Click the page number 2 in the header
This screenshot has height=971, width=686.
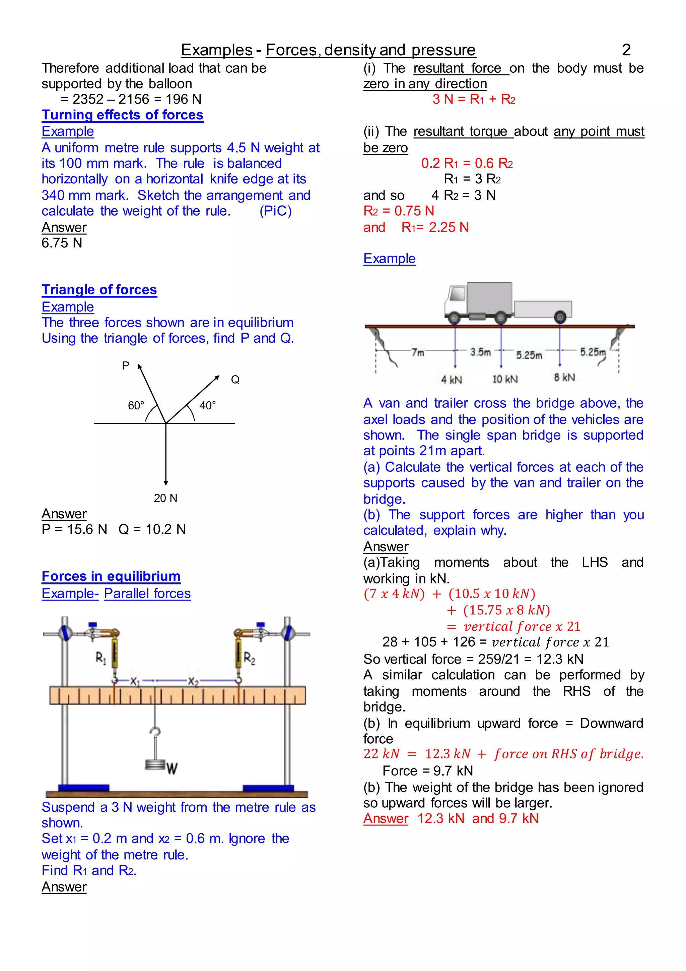pos(626,50)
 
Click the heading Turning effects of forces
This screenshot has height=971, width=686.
pos(123,115)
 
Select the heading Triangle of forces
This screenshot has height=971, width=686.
pos(99,290)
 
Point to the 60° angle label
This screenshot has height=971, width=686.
pos(136,406)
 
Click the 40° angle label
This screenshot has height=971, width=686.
pos(207,406)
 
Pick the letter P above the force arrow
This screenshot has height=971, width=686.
pos(126,366)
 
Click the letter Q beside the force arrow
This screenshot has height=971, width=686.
pos(235,380)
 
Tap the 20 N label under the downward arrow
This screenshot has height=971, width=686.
pos(165,498)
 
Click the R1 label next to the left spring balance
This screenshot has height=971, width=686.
pos(100,658)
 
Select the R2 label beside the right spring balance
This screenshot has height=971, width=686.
pos(249,658)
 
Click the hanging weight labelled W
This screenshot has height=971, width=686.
pos(156,764)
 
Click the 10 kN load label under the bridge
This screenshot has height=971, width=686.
pos(505,379)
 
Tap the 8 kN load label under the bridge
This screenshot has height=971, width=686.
pos(564,377)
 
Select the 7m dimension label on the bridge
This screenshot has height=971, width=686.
pos(418,352)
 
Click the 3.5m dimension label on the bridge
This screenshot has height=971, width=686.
pos(481,352)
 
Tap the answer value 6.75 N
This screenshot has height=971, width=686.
pos(62,243)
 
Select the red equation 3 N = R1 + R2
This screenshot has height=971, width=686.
pos(474,99)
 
